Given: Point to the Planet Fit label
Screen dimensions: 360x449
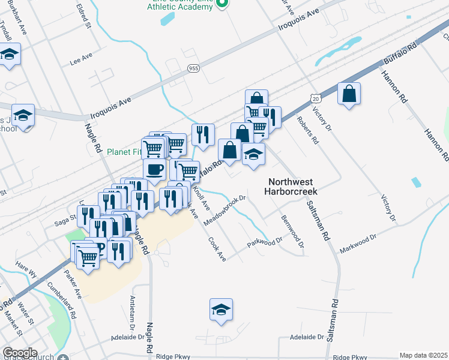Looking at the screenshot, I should (124, 152).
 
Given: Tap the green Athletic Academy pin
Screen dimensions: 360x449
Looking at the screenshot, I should (221, 4).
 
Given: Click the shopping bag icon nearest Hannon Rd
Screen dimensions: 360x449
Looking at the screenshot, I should (349, 94).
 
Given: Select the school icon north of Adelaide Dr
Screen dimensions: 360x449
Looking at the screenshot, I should (221, 310).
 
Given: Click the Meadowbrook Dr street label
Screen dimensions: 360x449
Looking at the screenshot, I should (226, 210).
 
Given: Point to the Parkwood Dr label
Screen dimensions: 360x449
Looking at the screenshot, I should (265, 243).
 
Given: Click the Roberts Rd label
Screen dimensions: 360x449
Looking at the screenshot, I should (307, 130).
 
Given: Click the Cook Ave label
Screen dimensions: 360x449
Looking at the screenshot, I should (217, 248).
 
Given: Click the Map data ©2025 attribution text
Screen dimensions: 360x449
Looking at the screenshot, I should (423, 355).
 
